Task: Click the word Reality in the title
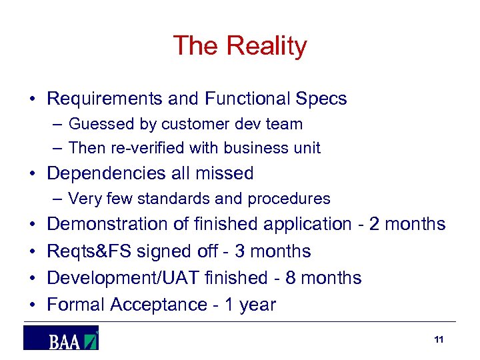click(x=267, y=47)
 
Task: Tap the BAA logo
click(x=61, y=338)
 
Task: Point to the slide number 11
click(x=438, y=340)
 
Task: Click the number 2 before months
click(x=374, y=224)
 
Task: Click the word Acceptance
click(x=159, y=305)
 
